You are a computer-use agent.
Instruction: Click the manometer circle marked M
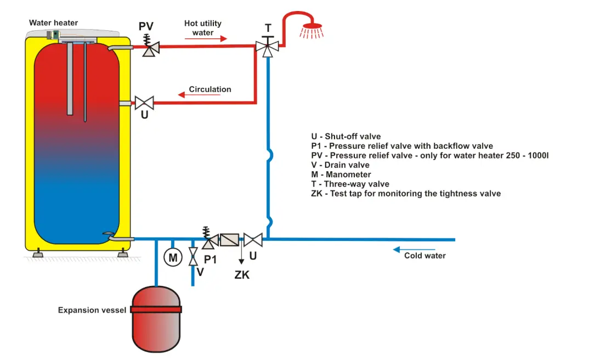click(173, 257)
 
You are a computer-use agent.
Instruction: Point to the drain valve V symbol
click(193, 257)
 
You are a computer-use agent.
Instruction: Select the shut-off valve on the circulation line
click(145, 103)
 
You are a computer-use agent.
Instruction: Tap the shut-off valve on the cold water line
click(253, 240)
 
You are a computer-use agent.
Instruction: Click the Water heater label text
click(53, 23)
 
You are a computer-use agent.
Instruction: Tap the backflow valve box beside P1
click(229, 240)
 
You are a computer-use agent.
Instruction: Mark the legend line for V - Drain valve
click(340, 165)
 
